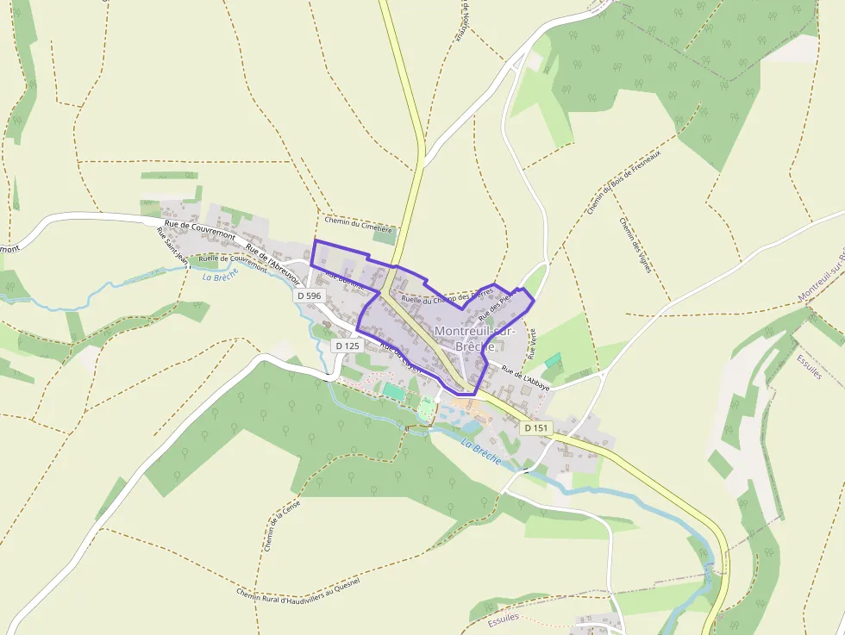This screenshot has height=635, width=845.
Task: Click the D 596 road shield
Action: click(x=309, y=296)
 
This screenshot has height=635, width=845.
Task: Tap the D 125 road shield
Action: click(x=347, y=346)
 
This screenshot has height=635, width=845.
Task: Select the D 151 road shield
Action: click(x=535, y=427)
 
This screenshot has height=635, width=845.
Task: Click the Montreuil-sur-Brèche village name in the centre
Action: click(x=475, y=338)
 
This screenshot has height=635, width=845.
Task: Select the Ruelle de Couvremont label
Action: click(x=233, y=262)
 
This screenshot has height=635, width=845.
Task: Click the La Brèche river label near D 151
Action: click(x=480, y=452)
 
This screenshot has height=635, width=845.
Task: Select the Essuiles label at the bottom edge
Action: click(x=504, y=619)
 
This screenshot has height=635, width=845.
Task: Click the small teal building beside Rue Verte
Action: click(x=552, y=359)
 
